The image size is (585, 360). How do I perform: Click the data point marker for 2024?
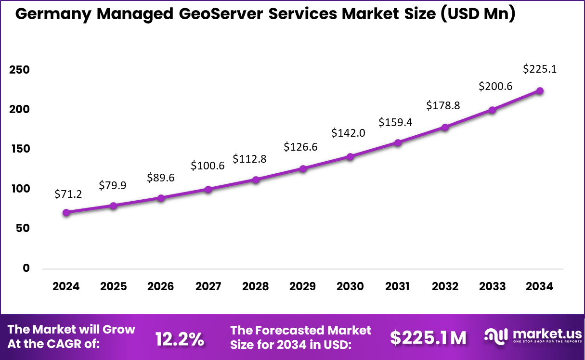coord(66,212)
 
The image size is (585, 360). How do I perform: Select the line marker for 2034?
coord(540,91)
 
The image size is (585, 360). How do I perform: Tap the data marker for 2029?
coord(303,169)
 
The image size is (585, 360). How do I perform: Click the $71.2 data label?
coord(68,194)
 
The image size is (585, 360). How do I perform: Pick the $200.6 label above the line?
coord(495,87)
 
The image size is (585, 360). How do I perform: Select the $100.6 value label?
coord(208,166)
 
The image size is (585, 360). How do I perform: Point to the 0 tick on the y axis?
coord(26,269)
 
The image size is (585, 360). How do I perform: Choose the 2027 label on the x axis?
coord(208,287)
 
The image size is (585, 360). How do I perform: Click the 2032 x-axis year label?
coord(445,287)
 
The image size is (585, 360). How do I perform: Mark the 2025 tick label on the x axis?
coord(114,287)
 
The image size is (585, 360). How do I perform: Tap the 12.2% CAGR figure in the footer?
coord(180,339)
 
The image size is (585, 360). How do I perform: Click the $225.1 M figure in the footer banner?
coord(428,338)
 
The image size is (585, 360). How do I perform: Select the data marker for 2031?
coord(398,143)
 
